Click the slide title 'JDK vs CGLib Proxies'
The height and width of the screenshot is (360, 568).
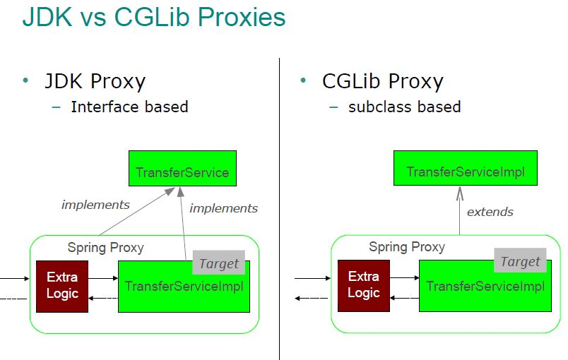(x=153, y=17)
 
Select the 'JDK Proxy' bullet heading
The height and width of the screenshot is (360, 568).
(x=95, y=81)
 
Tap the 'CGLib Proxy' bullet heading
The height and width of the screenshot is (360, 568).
(x=382, y=81)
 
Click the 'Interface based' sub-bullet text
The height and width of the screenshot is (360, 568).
(x=129, y=107)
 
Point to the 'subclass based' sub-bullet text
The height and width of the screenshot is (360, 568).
(x=404, y=107)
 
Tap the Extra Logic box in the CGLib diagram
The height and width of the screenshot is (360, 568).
(x=363, y=285)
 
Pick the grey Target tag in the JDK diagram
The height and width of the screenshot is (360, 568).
(x=218, y=263)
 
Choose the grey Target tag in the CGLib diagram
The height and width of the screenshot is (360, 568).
(x=520, y=260)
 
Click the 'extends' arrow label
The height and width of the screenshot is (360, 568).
(x=490, y=212)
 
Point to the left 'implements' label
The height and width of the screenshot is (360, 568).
(x=95, y=205)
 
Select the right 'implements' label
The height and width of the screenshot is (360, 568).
(x=223, y=208)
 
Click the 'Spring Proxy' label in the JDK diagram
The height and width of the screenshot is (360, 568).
(x=105, y=248)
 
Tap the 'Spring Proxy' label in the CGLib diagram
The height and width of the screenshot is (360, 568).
(x=407, y=247)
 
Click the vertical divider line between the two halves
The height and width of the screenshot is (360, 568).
(x=280, y=212)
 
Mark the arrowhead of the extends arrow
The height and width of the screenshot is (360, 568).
(x=459, y=191)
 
